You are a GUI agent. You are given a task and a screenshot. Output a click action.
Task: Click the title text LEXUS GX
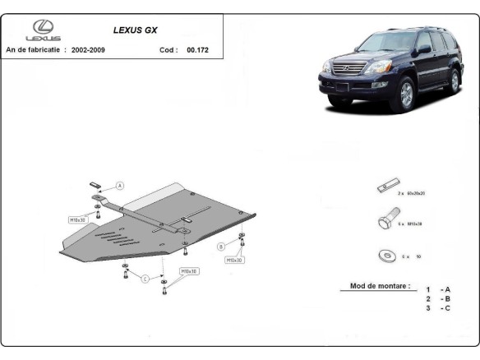pos(136,30)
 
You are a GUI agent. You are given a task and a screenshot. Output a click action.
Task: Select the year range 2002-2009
pos(88,49)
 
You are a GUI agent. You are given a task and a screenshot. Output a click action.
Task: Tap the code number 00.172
pos(197,49)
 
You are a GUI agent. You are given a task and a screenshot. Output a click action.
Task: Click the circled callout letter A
pos(120,186)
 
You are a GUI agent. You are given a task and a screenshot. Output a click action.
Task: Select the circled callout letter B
pos(221,247)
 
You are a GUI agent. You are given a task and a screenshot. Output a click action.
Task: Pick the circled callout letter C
pos(145,279)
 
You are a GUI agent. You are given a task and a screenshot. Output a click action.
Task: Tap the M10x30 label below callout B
pos(234,260)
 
